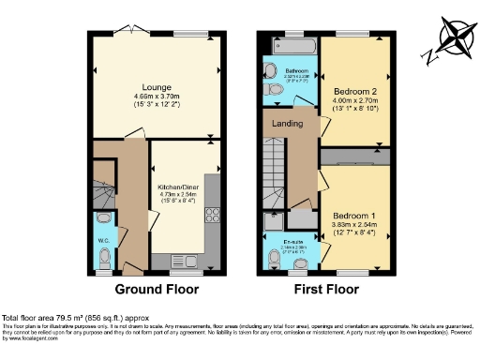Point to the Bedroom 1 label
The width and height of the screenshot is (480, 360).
point(352,215)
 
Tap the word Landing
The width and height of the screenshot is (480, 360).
point(287,123)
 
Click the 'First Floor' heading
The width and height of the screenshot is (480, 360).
point(324,290)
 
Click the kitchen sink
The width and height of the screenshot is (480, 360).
point(180,261)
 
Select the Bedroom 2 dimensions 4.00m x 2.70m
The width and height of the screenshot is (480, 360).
point(352,101)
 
